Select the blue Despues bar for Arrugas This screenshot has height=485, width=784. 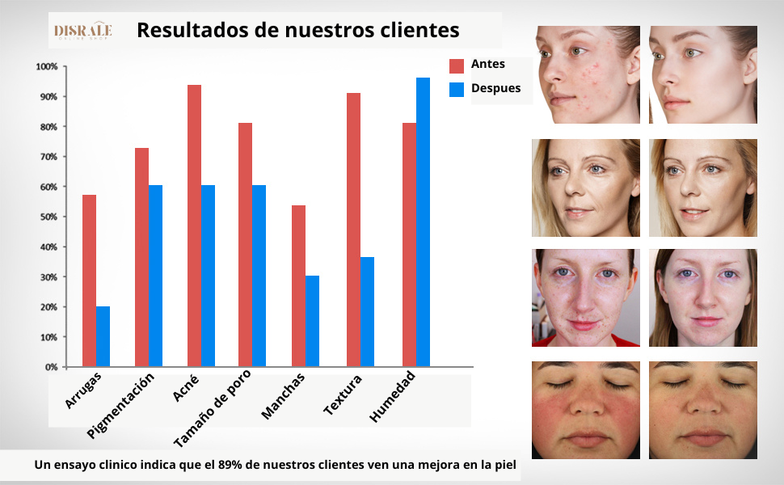point(103,336)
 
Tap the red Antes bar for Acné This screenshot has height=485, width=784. point(194,226)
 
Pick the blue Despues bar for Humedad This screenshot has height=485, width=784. point(423,222)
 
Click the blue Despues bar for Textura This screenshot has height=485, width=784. point(367,312)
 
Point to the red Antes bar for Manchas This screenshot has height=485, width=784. point(298,286)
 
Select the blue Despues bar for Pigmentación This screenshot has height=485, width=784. point(155,276)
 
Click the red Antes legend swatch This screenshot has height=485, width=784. point(457,65)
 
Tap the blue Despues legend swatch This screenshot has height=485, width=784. point(457,90)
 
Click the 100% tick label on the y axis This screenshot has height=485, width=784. point(47,66)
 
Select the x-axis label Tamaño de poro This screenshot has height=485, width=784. point(213,408)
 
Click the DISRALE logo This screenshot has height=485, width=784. point(82,32)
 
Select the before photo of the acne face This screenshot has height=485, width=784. point(586,74)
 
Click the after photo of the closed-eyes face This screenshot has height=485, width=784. point(703,410)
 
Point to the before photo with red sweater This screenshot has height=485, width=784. point(586,297)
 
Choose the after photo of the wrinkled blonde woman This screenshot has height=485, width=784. point(703,188)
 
